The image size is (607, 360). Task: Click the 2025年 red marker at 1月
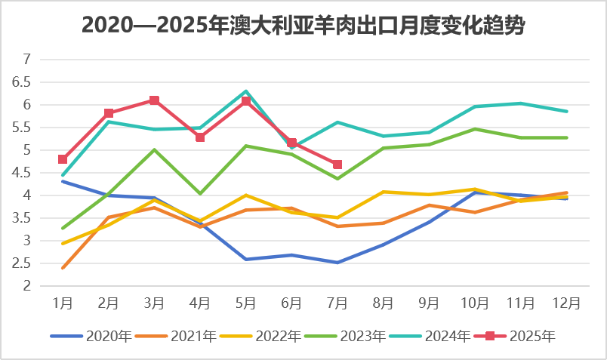tap(63, 159)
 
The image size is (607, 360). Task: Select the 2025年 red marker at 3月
tap(154, 100)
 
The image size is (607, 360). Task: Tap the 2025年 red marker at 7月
tap(337, 165)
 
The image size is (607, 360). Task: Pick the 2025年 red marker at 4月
tap(200, 137)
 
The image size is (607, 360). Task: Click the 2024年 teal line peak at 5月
tap(246, 91)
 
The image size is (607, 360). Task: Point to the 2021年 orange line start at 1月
tap(63, 268)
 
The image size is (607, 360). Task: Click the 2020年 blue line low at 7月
tap(337, 263)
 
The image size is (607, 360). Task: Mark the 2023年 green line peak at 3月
tap(154, 149)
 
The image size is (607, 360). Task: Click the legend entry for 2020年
tap(91, 335)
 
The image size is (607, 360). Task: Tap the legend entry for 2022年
tap(260, 335)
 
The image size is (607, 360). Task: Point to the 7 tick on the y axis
tap(27, 60)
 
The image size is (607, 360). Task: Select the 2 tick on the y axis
tap(27, 286)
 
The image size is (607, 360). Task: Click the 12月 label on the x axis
tap(567, 303)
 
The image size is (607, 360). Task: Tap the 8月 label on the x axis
tap(384, 303)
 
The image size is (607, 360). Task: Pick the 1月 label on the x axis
tap(63, 303)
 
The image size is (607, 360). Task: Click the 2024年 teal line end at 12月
tap(567, 111)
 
